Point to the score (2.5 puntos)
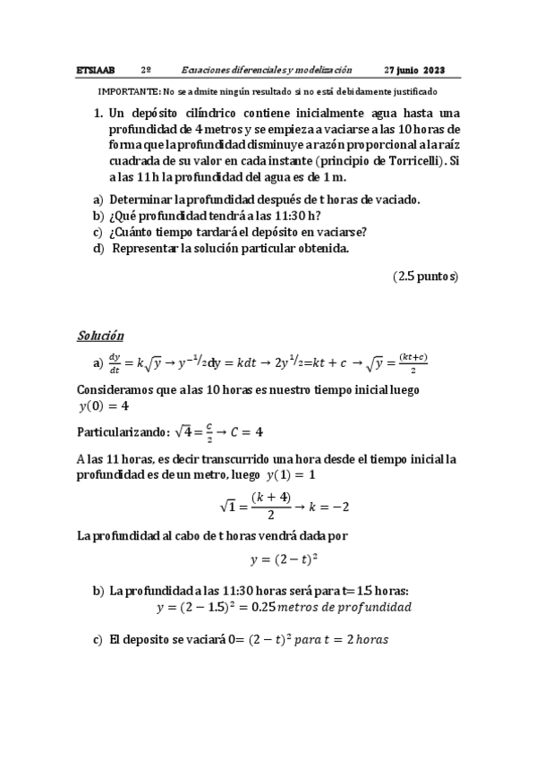425,277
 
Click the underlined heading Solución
100,336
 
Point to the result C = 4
246,431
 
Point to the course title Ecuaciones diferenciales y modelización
266,70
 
